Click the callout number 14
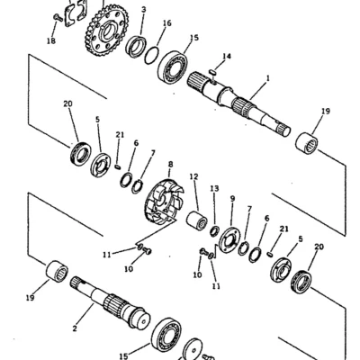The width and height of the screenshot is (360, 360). point(227,56)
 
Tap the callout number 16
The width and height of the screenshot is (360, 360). point(167,23)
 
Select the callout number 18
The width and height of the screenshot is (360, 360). point(51,40)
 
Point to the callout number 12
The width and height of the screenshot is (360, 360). point(194,176)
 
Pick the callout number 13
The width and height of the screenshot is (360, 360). point(214,189)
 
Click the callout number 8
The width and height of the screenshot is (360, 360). point(171,165)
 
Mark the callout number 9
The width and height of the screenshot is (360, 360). point(232,199)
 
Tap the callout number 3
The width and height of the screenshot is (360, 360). point(144,9)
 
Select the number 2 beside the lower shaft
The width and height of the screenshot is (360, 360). point(75,328)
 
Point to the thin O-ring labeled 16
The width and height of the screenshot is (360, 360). point(151,55)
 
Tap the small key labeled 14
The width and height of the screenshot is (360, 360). point(212,72)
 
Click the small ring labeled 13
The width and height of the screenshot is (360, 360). point(214,231)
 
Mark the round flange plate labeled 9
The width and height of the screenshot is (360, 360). point(229,239)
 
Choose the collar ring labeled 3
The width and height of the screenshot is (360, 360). point(136,47)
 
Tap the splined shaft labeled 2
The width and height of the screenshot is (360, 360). point(111,301)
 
